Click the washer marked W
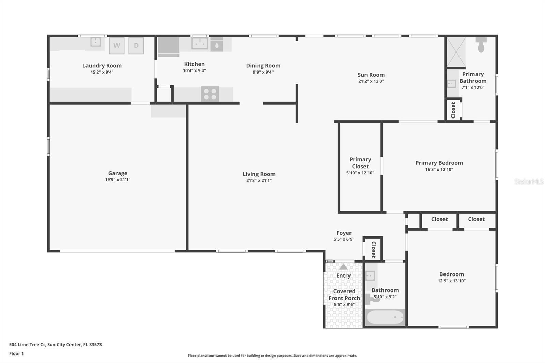(x=116, y=46)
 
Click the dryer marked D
(x=136, y=46)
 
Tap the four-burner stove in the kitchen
(x=210, y=94)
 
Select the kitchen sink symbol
(x=200, y=44)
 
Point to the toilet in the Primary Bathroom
(x=481, y=45)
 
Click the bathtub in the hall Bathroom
(x=385, y=317)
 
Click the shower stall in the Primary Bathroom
(x=456, y=52)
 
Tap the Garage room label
(x=118, y=173)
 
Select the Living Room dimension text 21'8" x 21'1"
(x=259, y=181)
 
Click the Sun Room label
(x=371, y=75)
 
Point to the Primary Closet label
(x=360, y=163)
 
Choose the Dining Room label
(x=263, y=66)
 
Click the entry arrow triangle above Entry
(x=343, y=267)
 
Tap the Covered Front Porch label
(x=344, y=295)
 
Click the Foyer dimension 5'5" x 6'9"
(x=344, y=239)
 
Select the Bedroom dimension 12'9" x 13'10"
(x=451, y=281)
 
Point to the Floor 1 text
(x=16, y=354)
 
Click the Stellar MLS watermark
(x=529, y=182)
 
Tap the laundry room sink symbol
(x=95, y=42)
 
